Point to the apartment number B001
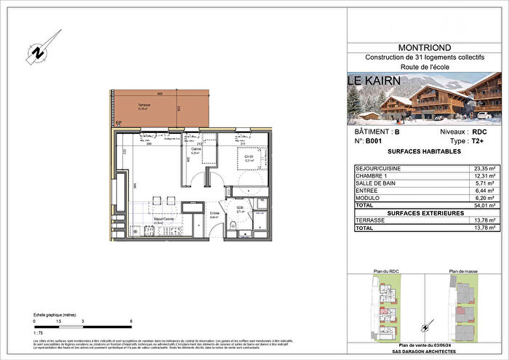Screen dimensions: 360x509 tap(374, 143)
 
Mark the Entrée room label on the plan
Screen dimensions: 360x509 tap(194, 213)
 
